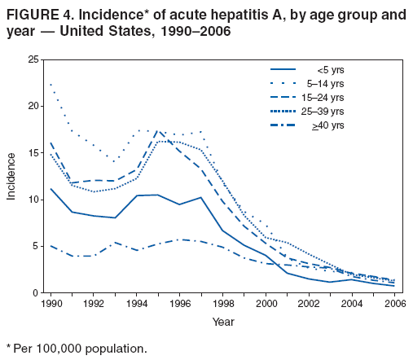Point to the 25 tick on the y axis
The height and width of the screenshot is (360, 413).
[33, 59]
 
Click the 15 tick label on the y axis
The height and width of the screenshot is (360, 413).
[33, 152]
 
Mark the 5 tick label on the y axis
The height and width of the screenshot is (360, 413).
[36, 246]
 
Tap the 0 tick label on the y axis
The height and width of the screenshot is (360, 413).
[36, 292]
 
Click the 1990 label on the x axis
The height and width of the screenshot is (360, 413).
[51, 305]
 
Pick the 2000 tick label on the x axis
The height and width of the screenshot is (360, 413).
[266, 305]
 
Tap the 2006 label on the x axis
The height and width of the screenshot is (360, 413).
[394, 305]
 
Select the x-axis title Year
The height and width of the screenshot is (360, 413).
[222, 321]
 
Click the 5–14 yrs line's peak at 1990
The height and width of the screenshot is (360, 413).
[51, 84]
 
